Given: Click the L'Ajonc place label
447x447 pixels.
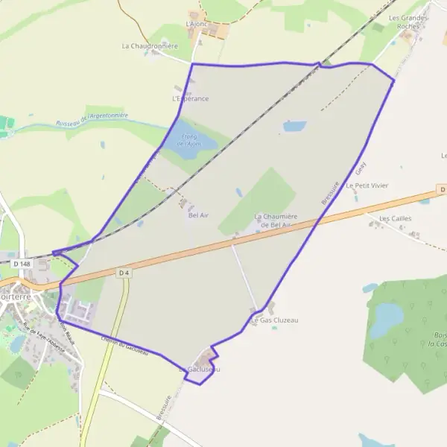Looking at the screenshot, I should click(196, 24).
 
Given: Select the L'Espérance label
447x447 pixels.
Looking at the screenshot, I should click(190, 98).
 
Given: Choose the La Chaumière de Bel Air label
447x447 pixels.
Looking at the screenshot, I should click(276, 221).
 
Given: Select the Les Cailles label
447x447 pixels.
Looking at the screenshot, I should click(395, 218).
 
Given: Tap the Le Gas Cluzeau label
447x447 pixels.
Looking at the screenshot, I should click(275, 320).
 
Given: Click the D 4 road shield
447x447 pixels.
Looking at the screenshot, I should click(124, 273).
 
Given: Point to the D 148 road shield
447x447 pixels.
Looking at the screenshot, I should click(20, 264).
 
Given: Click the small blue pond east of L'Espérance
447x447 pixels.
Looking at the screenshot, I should click(294, 126).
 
